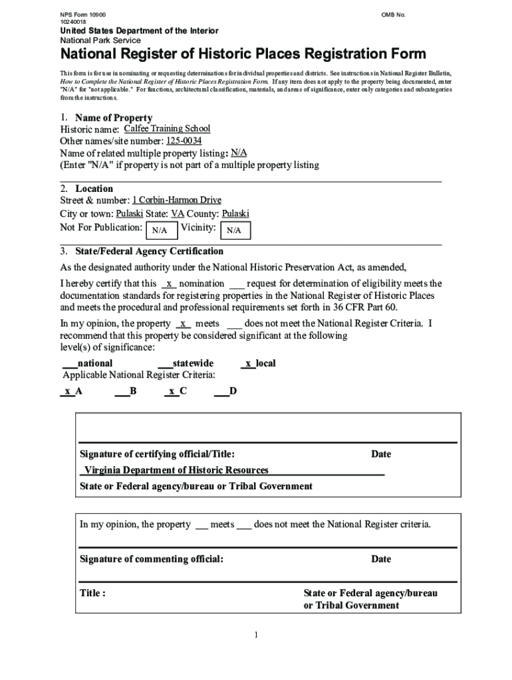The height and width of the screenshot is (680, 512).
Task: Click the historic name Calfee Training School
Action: tap(167, 129)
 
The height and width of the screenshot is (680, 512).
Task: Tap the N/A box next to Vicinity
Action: tap(234, 230)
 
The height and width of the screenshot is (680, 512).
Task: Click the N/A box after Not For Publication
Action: tap(160, 230)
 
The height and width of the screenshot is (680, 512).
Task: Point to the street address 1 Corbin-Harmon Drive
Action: tap(176, 200)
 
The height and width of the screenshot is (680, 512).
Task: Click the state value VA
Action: tap(178, 214)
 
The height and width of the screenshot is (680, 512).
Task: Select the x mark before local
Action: tap(247, 363)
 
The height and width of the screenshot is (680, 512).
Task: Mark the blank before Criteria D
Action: tap(221, 391)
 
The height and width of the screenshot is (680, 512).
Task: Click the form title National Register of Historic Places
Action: tap(243, 54)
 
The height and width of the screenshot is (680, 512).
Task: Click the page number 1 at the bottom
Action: tap(255, 636)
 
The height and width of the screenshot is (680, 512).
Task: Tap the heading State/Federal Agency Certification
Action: tap(149, 252)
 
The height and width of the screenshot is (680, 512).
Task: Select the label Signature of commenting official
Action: tap(152, 559)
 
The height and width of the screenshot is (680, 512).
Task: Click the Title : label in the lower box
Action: tap(92, 593)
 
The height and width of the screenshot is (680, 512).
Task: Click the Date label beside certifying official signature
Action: tap(381, 454)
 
